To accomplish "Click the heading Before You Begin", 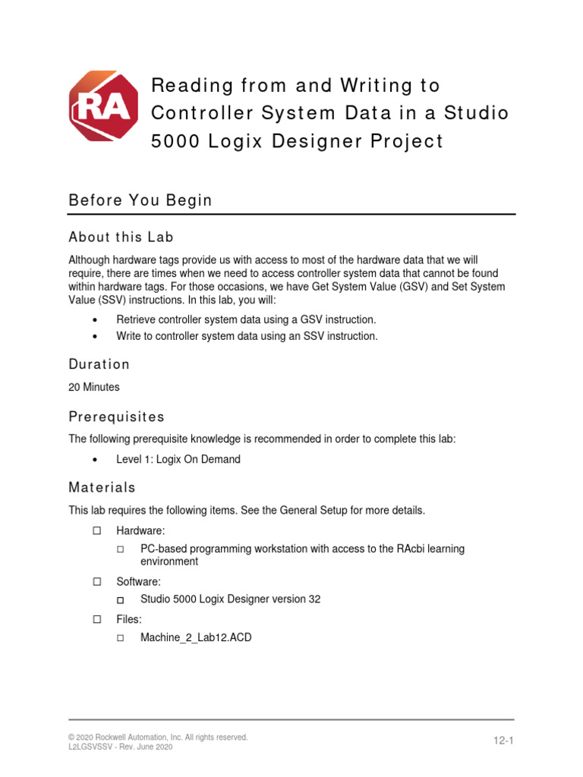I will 140,200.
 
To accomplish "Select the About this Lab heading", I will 121,237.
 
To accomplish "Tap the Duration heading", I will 99,364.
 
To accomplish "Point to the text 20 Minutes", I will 94,387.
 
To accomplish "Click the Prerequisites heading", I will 116,417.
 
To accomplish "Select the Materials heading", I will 102,487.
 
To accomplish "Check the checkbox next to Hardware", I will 96,531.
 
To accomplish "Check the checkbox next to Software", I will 96,581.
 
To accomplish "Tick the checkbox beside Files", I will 96,619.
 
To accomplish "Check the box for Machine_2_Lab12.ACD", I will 121,638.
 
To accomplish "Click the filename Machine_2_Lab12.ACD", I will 196,638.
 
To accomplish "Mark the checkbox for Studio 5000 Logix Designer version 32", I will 121,599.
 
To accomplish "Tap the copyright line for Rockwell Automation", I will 158,737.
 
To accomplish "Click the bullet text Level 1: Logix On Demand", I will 178,460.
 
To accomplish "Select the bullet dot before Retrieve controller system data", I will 95,320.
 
